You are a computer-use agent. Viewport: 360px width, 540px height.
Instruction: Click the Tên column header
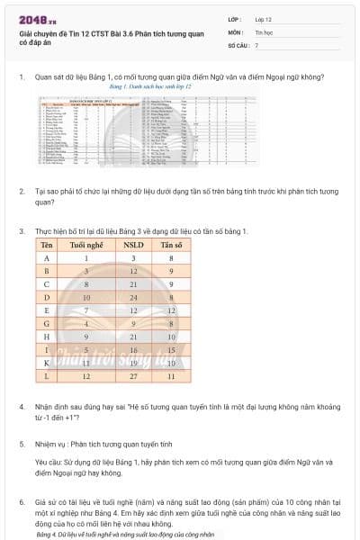click(x=46, y=245)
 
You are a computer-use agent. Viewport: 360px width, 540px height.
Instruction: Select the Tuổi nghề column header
click(x=86, y=245)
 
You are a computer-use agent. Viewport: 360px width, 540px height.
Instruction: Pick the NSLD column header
click(x=133, y=245)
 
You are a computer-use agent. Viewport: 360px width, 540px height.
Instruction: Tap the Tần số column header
click(x=172, y=245)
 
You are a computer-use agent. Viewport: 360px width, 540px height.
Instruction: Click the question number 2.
click(x=22, y=191)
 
